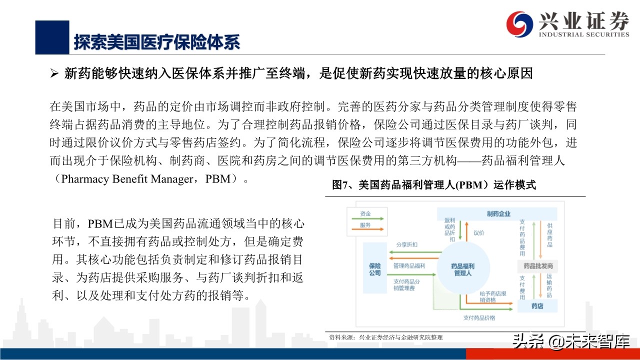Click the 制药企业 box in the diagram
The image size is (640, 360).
[497, 213]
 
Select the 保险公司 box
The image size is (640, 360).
[374, 268]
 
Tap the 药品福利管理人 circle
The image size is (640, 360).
[463, 268]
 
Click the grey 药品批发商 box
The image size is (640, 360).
[537, 266]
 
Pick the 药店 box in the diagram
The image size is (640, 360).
[537, 306]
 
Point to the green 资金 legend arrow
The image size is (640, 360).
[367, 218]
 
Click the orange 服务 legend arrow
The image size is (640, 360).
[367, 229]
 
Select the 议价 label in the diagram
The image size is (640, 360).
[479, 233]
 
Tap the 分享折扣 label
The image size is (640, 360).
[406, 244]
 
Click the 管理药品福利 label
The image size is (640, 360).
[409, 265]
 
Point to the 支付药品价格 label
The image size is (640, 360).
[479, 317]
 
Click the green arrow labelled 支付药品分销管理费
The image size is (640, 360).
[411, 274]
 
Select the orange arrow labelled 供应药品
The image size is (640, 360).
[540, 240]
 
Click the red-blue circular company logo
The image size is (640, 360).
[519, 24]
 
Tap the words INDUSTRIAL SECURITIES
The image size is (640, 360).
[584, 34]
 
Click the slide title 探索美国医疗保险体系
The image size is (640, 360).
[156, 42]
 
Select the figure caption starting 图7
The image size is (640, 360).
[433, 185]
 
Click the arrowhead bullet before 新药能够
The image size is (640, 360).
[54, 73]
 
